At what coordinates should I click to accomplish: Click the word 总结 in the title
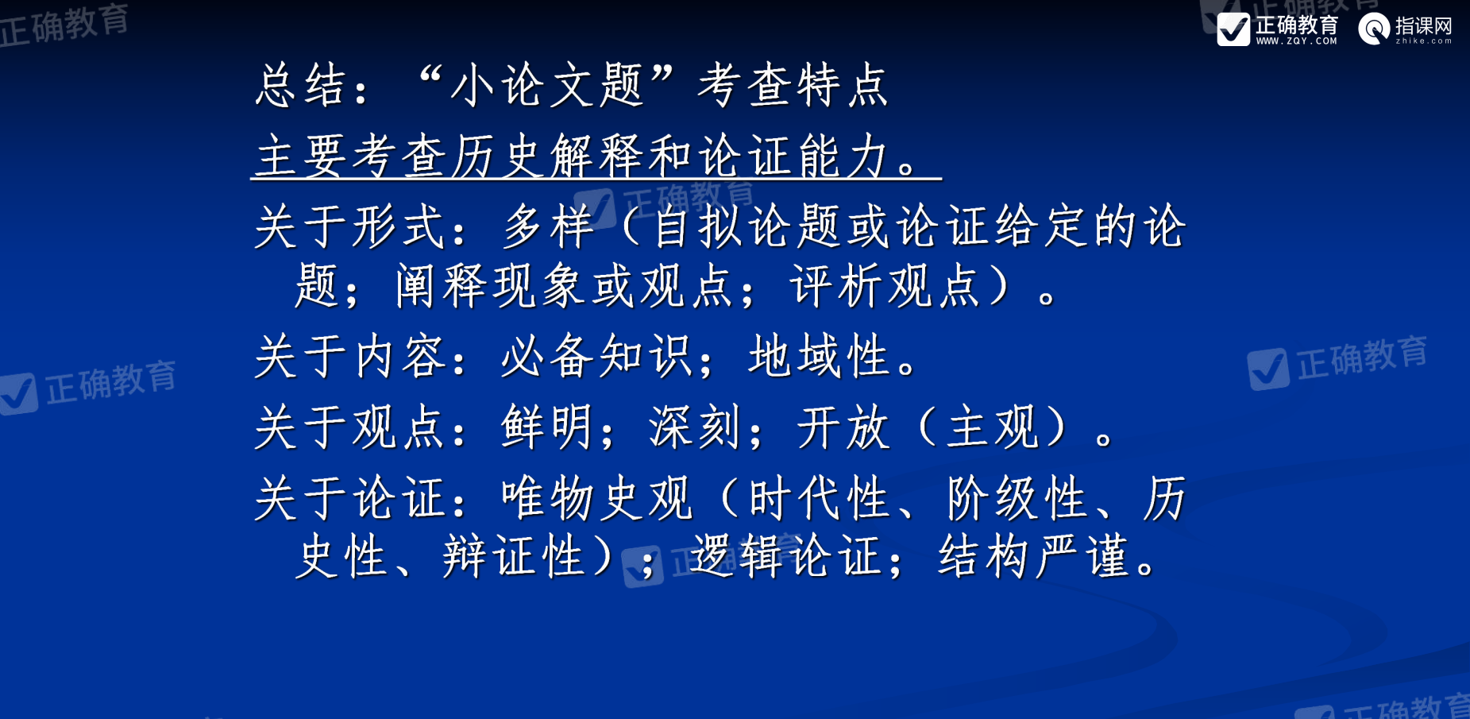click(x=301, y=85)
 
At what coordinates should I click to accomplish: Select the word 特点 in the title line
click(x=843, y=85)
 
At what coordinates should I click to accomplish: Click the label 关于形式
click(x=349, y=226)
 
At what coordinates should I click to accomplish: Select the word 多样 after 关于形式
click(x=548, y=226)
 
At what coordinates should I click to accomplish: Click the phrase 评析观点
click(x=885, y=285)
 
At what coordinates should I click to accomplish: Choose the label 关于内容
click(x=349, y=355)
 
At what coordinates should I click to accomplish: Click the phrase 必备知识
click(x=596, y=355)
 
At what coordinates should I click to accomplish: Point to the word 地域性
click(x=819, y=355)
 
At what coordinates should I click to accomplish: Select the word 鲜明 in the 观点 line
click(x=547, y=427)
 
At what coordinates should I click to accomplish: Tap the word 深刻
click(x=696, y=427)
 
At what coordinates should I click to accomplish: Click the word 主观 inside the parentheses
click(x=993, y=427)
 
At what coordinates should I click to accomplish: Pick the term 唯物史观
click(x=596, y=498)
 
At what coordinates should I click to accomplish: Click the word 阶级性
click(x=1017, y=498)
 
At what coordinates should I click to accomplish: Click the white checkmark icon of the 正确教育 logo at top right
click(x=1233, y=29)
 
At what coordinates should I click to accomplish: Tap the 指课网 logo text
click(x=1424, y=25)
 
